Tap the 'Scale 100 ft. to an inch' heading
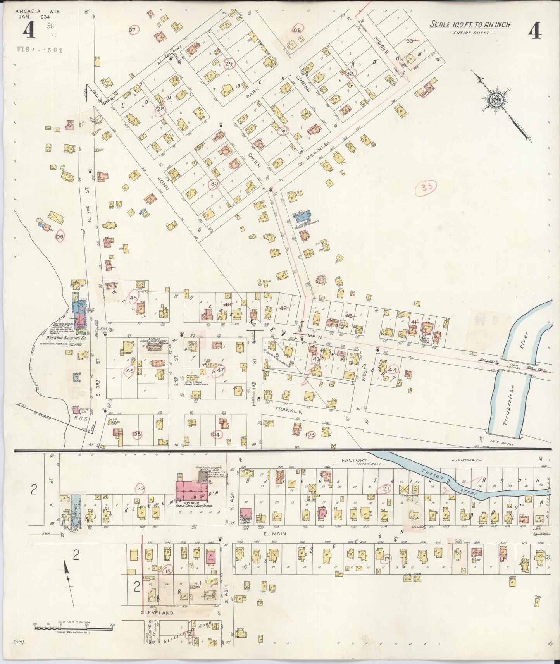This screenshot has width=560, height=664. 470,25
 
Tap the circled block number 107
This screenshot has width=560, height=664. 132,30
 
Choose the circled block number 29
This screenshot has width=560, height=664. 229,64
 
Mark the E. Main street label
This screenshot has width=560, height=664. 274,533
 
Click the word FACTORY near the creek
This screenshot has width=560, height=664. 354,460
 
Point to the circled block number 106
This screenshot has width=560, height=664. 60,236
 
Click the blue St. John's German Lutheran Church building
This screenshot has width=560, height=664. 306,216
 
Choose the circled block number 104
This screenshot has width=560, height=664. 215,434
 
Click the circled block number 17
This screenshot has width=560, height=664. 386,559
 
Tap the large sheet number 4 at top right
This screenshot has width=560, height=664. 535,30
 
